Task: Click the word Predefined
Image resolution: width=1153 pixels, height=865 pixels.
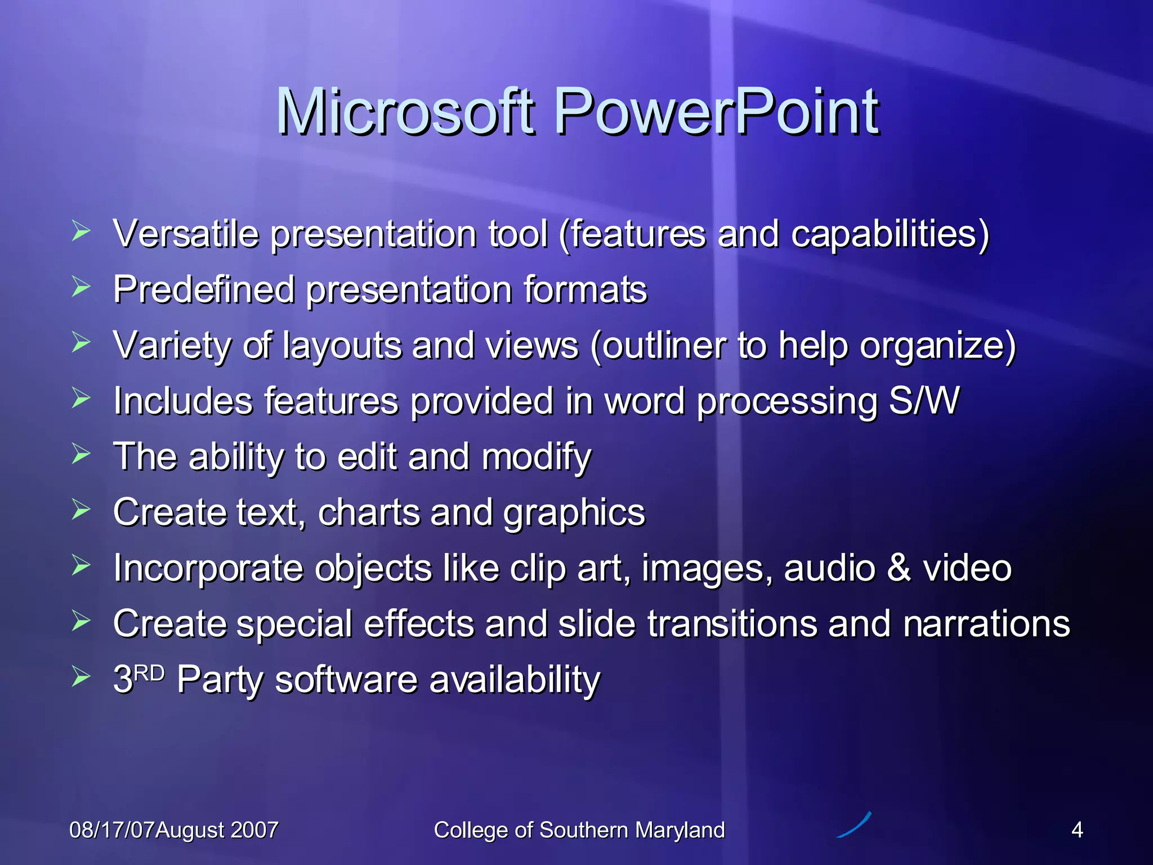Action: click(204, 289)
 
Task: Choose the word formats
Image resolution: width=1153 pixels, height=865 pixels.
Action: click(586, 289)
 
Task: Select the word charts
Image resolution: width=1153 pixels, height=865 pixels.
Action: click(369, 512)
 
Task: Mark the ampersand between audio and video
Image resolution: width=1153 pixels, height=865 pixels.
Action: click(899, 568)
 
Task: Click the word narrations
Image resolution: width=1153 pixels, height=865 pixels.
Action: click(986, 623)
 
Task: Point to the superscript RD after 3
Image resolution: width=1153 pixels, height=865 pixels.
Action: click(149, 672)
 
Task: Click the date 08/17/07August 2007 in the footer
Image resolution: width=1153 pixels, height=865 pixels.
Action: click(173, 830)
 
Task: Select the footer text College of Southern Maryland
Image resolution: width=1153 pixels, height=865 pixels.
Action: click(579, 830)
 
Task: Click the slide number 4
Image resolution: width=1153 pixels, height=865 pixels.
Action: click(1077, 830)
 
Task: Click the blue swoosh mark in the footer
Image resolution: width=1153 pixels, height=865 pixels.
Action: click(855, 825)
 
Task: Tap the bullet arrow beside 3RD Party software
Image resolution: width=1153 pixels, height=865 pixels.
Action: click(81, 677)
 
